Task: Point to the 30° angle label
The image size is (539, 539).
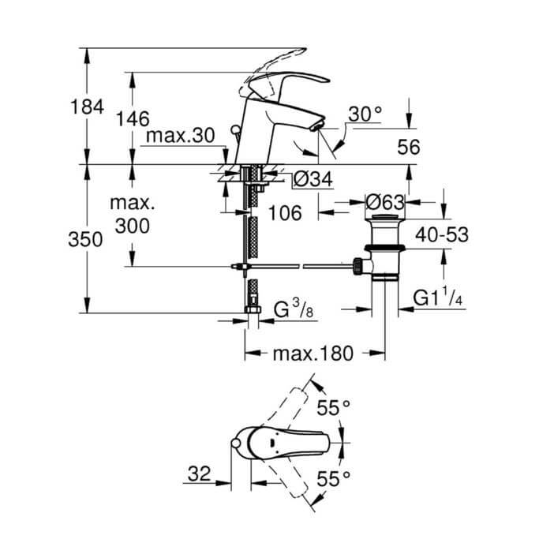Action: [365, 114]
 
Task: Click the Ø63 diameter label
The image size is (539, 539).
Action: [384, 203]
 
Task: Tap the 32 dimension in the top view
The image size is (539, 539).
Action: [198, 474]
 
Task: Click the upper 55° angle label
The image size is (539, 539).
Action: [332, 408]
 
